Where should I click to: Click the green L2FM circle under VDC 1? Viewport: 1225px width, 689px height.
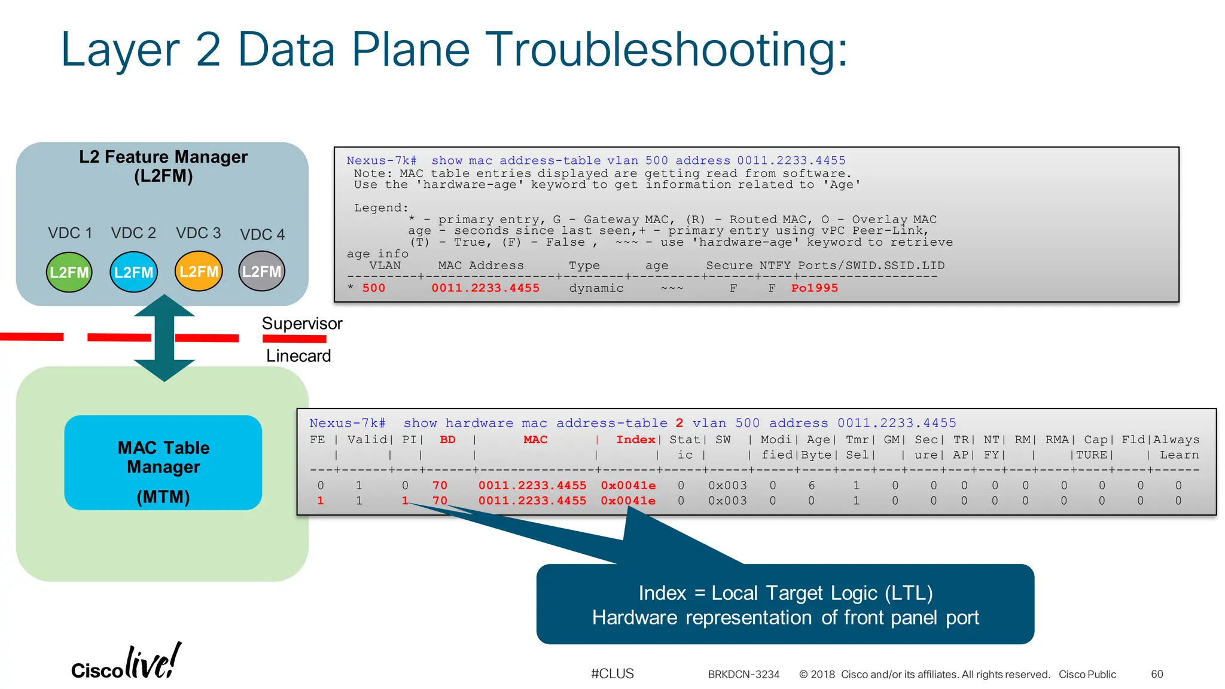(x=69, y=272)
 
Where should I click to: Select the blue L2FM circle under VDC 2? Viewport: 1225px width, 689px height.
(x=134, y=272)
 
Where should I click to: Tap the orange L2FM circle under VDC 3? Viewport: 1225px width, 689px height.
(x=199, y=272)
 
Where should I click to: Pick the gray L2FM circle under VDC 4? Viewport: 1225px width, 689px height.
(x=262, y=272)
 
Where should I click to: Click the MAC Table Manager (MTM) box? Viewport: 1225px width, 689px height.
(x=163, y=463)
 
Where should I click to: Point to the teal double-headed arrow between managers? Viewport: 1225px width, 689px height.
(x=164, y=338)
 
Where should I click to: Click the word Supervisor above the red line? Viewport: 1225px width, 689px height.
(x=302, y=324)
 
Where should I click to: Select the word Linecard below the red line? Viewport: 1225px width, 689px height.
(x=298, y=356)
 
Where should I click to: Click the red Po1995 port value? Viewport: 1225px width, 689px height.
(x=814, y=288)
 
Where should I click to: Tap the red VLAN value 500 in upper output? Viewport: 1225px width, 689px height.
(x=374, y=288)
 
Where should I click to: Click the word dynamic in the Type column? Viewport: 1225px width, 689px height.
(x=596, y=288)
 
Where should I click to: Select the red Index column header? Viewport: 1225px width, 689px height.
(x=635, y=440)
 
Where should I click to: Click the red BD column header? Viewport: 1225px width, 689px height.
(x=447, y=440)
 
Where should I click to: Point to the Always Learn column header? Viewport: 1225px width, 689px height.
(x=1176, y=447)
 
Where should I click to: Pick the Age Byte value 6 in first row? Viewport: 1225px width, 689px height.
(x=811, y=486)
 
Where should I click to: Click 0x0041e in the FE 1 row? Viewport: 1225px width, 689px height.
(x=628, y=501)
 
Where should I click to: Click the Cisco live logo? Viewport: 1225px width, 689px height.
(x=126, y=663)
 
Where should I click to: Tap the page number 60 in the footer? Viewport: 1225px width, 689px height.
(x=1157, y=674)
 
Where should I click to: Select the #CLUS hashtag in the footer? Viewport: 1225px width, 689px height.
(x=612, y=673)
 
